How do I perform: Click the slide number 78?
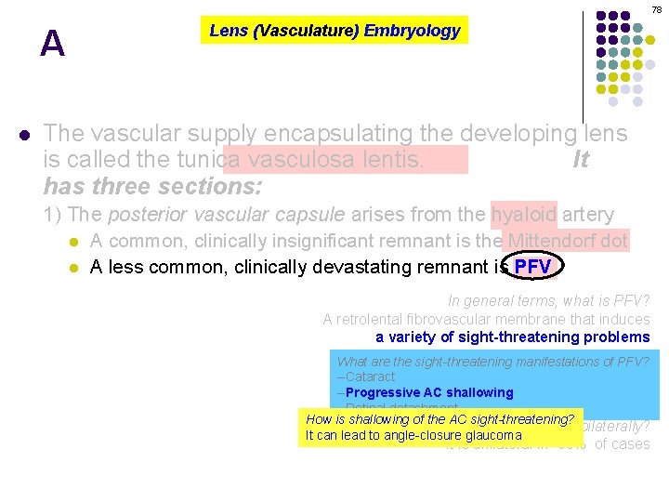coord(656,9)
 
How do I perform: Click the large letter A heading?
coord(53,44)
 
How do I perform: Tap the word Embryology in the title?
coord(412,31)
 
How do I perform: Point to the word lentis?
coord(390,160)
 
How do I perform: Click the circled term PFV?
coord(533,268)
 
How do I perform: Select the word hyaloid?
coord(524,215)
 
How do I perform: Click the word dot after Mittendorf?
coord(616,242)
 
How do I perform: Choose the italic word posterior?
coord(146,215)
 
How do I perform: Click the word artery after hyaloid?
coord(587,215)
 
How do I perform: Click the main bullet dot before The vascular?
coord(24,134)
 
